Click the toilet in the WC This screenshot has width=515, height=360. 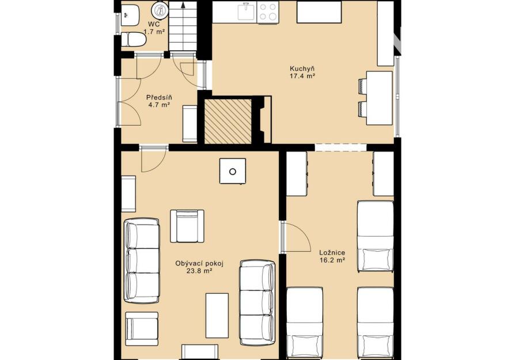(x=133, y=39)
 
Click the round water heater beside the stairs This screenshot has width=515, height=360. (x=160, y=10)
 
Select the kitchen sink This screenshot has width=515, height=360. (x=247, y=12)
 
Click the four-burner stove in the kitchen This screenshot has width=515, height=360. (x=267, y=12)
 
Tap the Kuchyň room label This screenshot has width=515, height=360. (x=302, y=69)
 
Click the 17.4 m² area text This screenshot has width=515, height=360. (x=302, y=76)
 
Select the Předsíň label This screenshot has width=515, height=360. (x=159, y=97)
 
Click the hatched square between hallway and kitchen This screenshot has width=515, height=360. (x=228, y=121)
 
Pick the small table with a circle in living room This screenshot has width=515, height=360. (x=233, y=171)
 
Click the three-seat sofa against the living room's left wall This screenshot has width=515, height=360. (x=142, y=260)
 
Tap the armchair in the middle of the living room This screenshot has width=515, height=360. (x=187, y=226)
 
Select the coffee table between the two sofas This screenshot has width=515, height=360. (x=217, y=315)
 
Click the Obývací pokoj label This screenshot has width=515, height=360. (x=199, y=263)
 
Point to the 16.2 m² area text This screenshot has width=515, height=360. (x=332, y=260)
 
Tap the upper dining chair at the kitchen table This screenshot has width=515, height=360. (x=362, y=86)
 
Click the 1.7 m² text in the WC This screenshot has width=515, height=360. (x=154, y=32)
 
